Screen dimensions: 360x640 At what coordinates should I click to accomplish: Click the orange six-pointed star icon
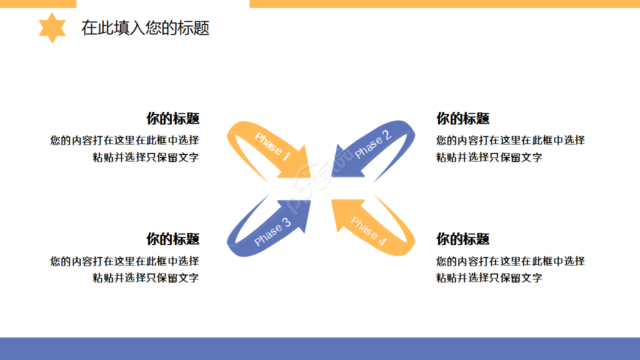[x=52, y=28]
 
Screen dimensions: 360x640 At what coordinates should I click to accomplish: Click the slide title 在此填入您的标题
[x=145, y=28]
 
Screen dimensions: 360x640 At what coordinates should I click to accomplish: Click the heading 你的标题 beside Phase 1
[x=172, y=118]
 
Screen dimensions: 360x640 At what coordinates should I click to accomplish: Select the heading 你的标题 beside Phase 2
[x=462, y=118]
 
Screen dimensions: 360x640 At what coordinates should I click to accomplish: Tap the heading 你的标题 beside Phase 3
[x=172, y=239]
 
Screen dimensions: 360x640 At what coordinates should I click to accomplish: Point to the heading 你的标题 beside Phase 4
[x=462, y=239]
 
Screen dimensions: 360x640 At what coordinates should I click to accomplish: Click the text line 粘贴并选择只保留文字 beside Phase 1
[x=145, y=157]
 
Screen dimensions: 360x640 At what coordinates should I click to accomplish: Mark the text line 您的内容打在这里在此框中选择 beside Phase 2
[x=510, y=140]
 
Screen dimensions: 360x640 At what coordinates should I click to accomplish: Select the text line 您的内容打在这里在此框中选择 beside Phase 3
[x=124, y=261]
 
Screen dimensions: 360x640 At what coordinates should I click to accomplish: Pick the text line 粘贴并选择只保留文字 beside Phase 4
[x=489, y=278]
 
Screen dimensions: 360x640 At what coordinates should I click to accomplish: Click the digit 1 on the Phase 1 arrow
[x=286, y=156]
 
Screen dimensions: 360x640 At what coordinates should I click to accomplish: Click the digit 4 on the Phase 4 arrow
[x=381, y=241]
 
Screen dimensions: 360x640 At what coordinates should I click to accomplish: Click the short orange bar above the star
[x=38, y=3]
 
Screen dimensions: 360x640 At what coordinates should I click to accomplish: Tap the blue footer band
[x=320, y=348]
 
